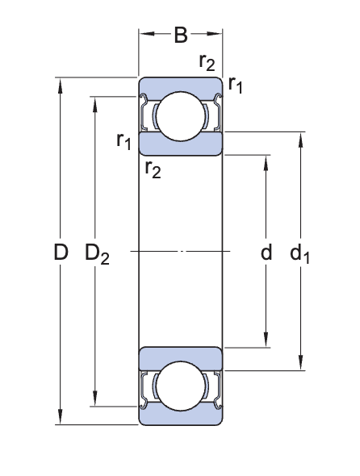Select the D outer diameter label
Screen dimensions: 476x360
coord(61,253)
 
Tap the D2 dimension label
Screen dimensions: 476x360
coord(97,254)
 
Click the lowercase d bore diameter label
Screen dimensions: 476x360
coord(266,253)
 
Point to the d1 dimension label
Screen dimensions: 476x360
coord(300,254)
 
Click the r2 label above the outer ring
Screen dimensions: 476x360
coord(207,62)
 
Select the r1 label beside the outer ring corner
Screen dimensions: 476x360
coord(236,84)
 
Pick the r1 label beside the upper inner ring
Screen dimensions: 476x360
coord(123,142)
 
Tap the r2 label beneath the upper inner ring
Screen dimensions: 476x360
coord(153,168)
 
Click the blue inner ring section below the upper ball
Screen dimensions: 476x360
coord(181,145)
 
